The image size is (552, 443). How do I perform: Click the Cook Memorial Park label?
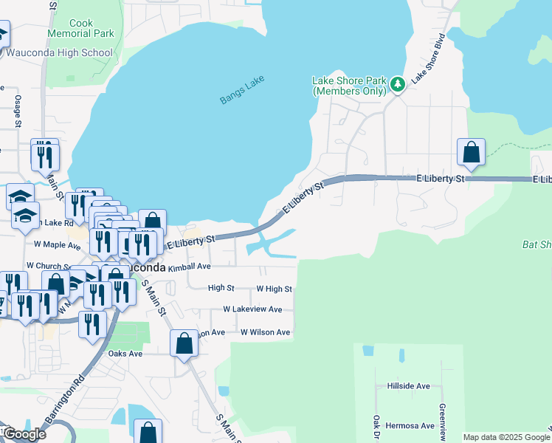pos(80,29)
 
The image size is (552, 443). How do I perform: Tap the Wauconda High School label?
pos(59,52)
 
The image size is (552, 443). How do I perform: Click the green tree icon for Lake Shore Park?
pos(398,84)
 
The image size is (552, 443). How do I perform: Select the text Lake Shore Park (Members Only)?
pos(349,86)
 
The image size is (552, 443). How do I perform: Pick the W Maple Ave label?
pos(57,244)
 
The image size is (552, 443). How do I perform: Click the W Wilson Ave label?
pos(265,332)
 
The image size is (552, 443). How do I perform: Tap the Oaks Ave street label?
pos(125,354)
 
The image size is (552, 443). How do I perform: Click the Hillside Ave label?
pos(408,386)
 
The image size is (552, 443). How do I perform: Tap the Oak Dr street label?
pos(376,427)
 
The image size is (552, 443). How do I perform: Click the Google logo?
pos(24,434)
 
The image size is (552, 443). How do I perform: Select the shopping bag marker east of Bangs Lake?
pos(471,154)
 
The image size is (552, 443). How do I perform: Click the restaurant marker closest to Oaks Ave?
pos(92,326)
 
